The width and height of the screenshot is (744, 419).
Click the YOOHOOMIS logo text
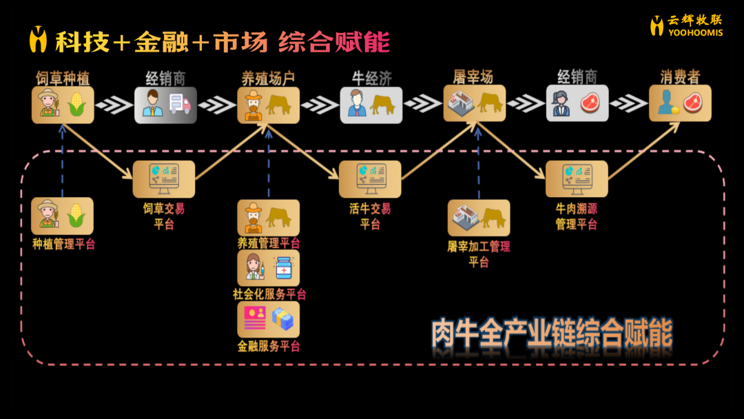(694, 32)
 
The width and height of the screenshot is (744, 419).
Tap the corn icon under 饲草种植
(76, 105)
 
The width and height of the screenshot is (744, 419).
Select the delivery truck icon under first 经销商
(180, 105)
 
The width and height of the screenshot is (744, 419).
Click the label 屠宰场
(474, 76)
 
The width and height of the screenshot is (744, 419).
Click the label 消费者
(680, 77)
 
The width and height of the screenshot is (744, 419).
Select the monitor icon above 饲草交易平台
(164, 178)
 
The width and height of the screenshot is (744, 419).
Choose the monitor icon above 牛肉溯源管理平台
(577, 178)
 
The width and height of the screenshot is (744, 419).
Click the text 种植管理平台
(64, 244)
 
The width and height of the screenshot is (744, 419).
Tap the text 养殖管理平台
(269, 243)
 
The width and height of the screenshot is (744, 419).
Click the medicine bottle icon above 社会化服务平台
(282, 267)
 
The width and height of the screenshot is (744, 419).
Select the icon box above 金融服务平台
(269, 319)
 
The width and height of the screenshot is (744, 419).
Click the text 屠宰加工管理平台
(479, 254)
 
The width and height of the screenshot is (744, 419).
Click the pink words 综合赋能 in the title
(334, 43)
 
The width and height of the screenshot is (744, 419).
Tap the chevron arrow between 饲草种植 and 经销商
(114, 105)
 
